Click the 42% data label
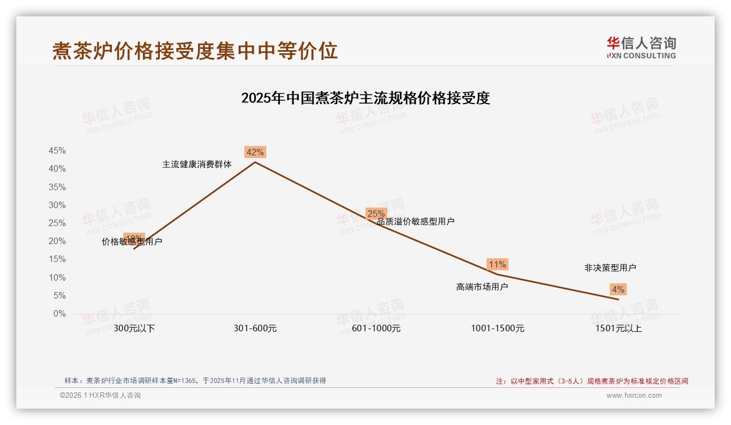point(255,153)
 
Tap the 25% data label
point(376,214)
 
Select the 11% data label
point(497,264)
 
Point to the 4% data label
point(618,289)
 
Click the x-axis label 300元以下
point(134,329)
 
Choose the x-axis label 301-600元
point(255,329)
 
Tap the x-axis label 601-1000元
point(376,329)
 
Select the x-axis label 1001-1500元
point(498,329)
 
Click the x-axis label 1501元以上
point(619,329)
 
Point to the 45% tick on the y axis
point(57,151)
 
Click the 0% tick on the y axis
point(59,314)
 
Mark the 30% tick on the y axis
point(57,205)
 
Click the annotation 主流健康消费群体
point(197,164)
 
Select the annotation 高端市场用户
point(482,287)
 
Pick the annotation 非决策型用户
point(610,268)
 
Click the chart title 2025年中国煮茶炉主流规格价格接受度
point(366,98)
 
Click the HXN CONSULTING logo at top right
point(641,48)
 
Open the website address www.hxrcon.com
point(634,396)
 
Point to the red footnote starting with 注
point(592,381)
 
